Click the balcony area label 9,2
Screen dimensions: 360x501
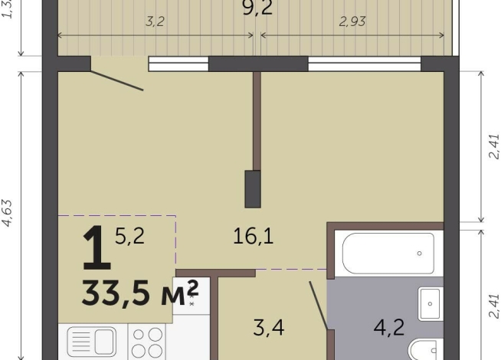pyautogui.click(x=257, y=8)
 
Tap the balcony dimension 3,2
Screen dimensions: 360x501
pyautogui.click(x=155, y=21)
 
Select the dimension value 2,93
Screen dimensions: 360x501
pyautogui.click(x=352, y=21)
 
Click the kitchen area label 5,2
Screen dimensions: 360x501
pyautogui.click(x=129, y=237)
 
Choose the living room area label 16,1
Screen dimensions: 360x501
pyautogui.click(x=253, y=237)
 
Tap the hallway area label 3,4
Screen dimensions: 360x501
pyautogui.click(x=269, y=329)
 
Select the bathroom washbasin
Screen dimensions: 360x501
pyautogui.click(x=431, y=303)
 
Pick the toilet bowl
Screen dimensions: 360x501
pyautogui.click(x=424, y=350)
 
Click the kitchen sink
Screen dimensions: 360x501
pyautogui.click(x=93, y=342)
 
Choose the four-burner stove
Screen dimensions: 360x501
pyautogui.click(x=148, y=343)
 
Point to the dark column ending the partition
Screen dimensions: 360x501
pyautogui.click(x=252, y=188)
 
